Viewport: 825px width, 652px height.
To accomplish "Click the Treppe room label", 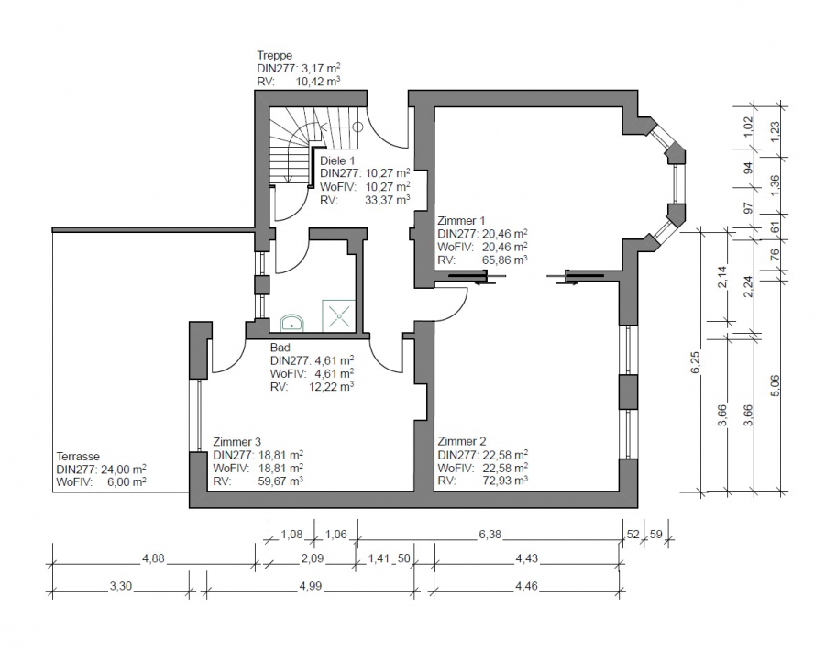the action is coord(275,55).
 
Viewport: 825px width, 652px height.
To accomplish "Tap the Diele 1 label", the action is coord(337,160).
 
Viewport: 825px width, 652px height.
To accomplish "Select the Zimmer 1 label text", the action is coord(461,220).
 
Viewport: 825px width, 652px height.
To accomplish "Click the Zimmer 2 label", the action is coord(462,441).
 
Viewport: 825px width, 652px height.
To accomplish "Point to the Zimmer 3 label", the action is coord(236,441).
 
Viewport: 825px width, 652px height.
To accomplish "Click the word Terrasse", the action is coord(78,457).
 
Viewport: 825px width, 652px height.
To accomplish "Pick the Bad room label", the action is coord(280,348).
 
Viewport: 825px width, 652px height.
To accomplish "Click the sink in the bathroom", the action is coord(291,323).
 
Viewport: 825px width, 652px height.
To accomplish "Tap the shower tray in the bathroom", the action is coord(338,315).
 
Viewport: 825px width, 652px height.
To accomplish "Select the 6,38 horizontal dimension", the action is coord(489,535).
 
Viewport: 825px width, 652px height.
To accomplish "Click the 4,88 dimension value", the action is coord(153,558).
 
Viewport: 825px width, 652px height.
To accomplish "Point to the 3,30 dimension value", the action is coord(120,586).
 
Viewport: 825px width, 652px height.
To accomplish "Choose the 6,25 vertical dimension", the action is coord(695,362).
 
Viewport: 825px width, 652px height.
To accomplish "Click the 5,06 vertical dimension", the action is coord(775,385).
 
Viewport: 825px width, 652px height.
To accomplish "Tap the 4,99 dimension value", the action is coord(310,586).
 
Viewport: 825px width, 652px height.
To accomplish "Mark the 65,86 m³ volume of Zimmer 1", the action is coord(504,260).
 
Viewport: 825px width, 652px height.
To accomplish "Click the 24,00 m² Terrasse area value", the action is coord(123,469).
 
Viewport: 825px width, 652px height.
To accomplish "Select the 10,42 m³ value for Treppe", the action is coord(317,82).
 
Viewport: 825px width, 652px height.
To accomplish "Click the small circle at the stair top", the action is coord(357,127).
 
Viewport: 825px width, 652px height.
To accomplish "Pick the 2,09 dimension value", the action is coord(312,558).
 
